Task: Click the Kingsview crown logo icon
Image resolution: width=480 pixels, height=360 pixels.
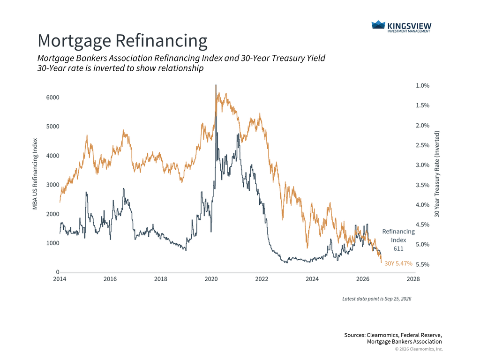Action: pyautogui.click(x=378, y=25)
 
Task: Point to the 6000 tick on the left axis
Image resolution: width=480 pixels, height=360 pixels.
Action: pyautogui.click(x=52, y=97)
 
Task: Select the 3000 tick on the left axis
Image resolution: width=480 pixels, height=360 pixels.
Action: pyautogui.click(x=52, y=185)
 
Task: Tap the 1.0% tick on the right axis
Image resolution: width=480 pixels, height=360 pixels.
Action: pyautogui.click(x=422, y=86)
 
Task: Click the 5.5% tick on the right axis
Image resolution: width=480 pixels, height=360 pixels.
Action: pyautogui.click(x=422, y=264)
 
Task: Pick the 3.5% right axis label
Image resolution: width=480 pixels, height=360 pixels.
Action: pyautogui.click(x=422, y=185)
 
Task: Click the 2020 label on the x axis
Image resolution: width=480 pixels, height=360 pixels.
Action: pyautogui.click(x=211, y=279)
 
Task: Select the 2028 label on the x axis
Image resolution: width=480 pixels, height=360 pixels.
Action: pyautogui.click(x=413, y=279)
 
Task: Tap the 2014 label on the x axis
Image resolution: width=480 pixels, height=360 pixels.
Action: pyautogui.click(x=60, y=279)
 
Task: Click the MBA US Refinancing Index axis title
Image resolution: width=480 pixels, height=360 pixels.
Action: pyautogui.click(x=35, y=174)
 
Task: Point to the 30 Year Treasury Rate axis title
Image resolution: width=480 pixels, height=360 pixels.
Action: pyautogui.click(x=437, y=174)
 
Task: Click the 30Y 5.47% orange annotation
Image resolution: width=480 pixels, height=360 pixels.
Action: pyautogui.click(x=398, y=263)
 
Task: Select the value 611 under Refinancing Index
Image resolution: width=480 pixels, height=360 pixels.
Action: pyautogui.click(x=398, y=248)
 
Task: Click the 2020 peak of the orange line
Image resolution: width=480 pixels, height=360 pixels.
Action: pyautogui.click(x=216, y=85)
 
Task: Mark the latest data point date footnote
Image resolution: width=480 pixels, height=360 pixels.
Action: pyautogui.click(x=377, y=299)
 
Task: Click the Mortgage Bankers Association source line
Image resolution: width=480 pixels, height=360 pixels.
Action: pyautogui.click(x=405, y=342)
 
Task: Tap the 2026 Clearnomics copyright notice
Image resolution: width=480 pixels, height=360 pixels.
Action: pyautogui.click(x=419, y=349)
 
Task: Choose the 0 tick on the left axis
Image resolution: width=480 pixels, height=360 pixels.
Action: pyautogui.click(x=58, y=272)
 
